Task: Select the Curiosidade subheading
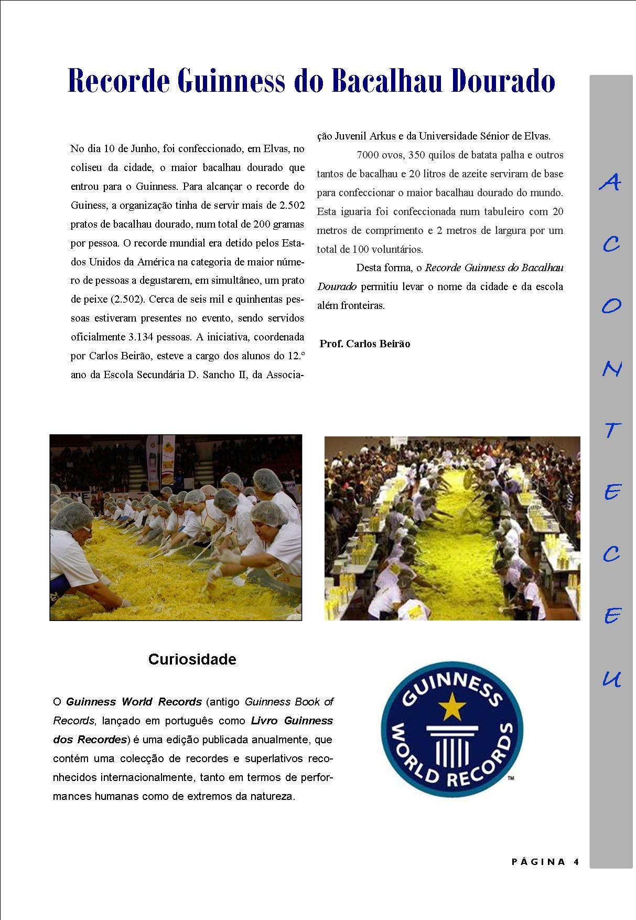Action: tap(192, 659)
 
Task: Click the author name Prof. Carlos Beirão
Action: tap(365, 344)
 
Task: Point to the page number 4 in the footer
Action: tap(576, 862)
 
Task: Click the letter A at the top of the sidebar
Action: tap(610, 182)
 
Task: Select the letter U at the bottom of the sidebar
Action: tap(611, 679)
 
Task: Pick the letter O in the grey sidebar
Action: tap(611, 306)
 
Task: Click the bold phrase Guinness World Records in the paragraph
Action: tap(134, 702)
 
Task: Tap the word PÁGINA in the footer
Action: tap(538, 862)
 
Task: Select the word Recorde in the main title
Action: tap(120, 81)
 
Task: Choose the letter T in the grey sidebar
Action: tap(611, 431)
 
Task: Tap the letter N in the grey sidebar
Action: tap(611, 369)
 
